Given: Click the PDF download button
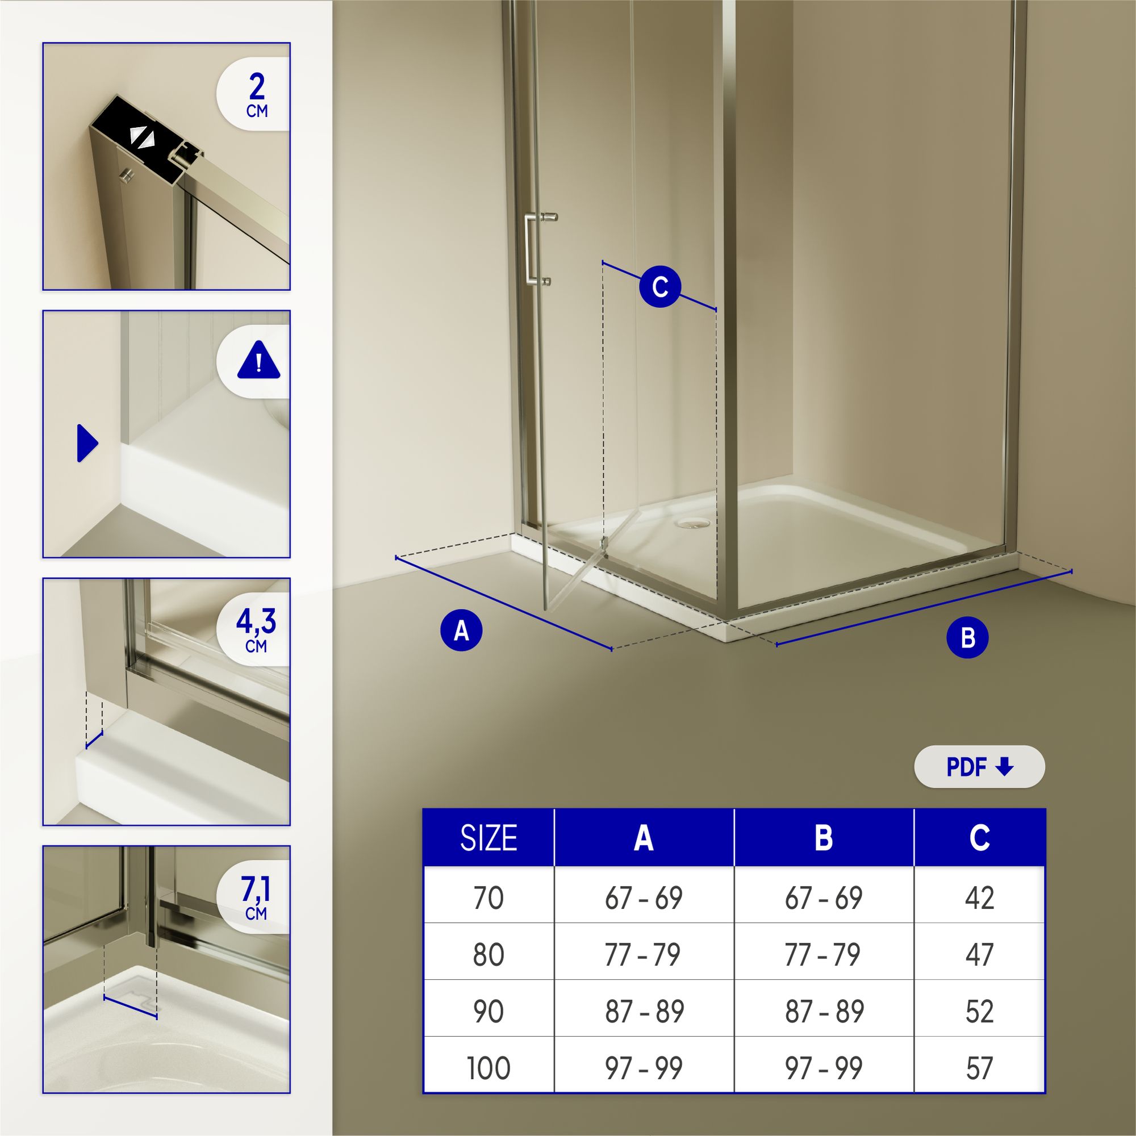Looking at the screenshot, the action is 979,767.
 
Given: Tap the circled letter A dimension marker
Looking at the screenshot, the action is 462,631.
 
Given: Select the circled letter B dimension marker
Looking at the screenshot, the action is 967,638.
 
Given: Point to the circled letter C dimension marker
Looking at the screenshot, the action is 659,287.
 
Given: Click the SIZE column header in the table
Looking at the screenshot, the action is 488,838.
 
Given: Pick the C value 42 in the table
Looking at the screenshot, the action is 979,898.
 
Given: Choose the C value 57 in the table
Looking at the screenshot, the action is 979,1068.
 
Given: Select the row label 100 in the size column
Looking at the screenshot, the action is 488,1068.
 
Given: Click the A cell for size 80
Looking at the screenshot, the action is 644,954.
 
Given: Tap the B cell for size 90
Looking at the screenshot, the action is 824,1012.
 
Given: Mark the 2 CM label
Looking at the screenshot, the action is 256,95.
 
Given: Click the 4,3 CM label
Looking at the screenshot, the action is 256,629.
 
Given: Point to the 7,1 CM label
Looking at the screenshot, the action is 256,897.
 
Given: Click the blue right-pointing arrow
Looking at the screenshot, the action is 87,443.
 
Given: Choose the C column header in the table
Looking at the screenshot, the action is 979,838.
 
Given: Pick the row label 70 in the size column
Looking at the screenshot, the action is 488,898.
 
